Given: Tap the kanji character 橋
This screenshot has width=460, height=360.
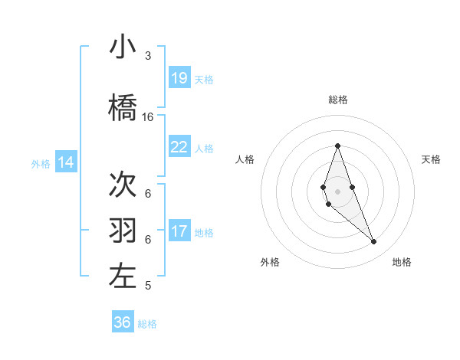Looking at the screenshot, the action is (x=123, y=108).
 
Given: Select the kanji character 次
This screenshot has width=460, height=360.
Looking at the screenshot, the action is (x=123, y=185).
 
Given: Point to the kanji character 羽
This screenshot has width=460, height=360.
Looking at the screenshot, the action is (x=123, y=231).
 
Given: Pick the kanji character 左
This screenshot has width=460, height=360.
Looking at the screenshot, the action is (x=123, y=277).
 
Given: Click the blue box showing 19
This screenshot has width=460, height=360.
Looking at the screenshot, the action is (x=179, y=77).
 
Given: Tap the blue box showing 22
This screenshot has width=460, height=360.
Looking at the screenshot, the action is (x=179, y=147).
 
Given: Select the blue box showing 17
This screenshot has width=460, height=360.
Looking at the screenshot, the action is (x=179, y=231).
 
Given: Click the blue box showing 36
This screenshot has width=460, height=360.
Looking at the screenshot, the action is (x=123, y=322).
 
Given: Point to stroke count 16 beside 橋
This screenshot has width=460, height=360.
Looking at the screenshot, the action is (x=148, y=117).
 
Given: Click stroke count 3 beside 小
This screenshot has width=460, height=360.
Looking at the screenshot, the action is (x=148, y=56).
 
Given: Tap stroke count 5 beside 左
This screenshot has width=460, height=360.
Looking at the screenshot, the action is (x=148, y=286).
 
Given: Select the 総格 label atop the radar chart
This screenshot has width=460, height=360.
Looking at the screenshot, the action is (x=338, y=100).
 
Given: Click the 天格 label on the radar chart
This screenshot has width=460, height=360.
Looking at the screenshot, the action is (x=432, y=159).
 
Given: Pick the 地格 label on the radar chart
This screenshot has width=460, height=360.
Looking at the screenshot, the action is (x=402, y=262).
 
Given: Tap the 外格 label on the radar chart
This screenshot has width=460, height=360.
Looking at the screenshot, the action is (x=270, y=262).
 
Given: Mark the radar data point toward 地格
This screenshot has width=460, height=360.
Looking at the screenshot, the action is (x=373, y=242).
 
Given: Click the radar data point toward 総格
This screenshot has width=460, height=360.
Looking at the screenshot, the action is (x=337, y=146).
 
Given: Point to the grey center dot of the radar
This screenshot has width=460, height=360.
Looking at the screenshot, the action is (x=337, y=181).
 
